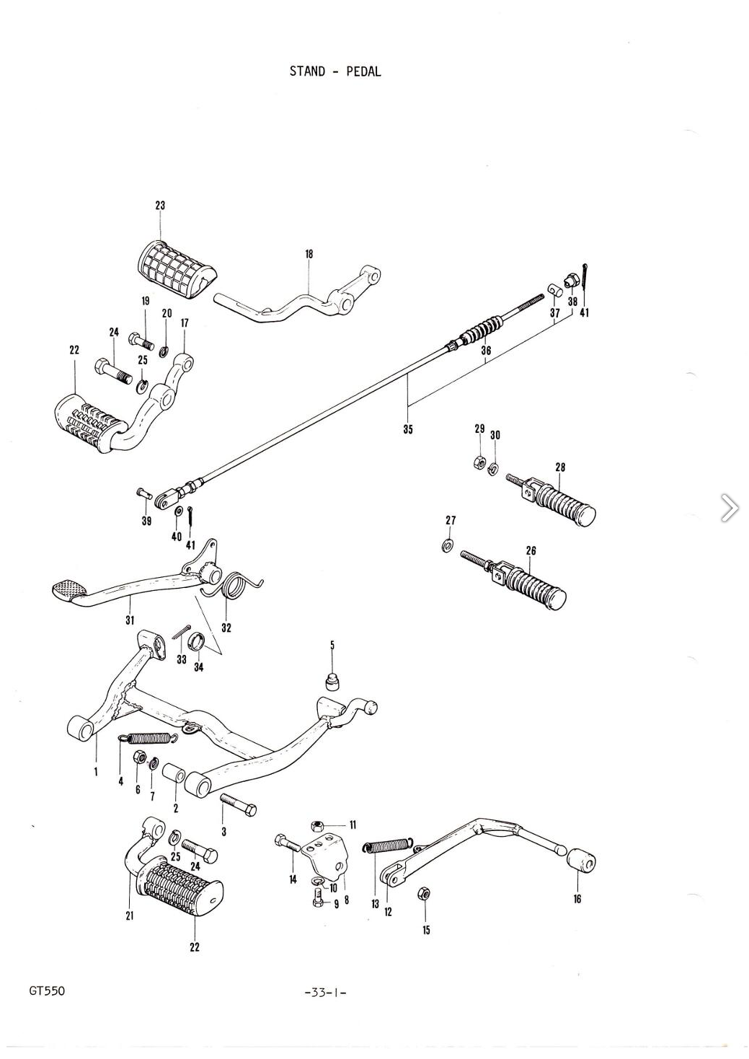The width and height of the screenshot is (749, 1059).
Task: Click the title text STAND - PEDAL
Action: tap(335, 71)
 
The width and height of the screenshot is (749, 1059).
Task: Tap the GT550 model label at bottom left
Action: tap(47, 990)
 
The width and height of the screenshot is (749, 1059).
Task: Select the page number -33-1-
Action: tap(326, 992)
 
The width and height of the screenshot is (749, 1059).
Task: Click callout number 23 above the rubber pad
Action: tap(160, 206)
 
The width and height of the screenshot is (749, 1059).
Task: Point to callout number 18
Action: tap(309, 254)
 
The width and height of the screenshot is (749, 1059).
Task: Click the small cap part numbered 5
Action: tap(332, 680)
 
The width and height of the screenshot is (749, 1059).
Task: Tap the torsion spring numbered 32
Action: tap(234, 586)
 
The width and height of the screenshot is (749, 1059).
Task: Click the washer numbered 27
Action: tap(448, 544)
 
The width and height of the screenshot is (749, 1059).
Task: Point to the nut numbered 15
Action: tap(424, 894)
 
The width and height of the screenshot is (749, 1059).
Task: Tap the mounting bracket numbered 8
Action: tap(328, 854)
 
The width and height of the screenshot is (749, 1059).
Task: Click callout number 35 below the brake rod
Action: tap(408, 429)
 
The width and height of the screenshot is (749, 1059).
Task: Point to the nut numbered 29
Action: tap(479, 462)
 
